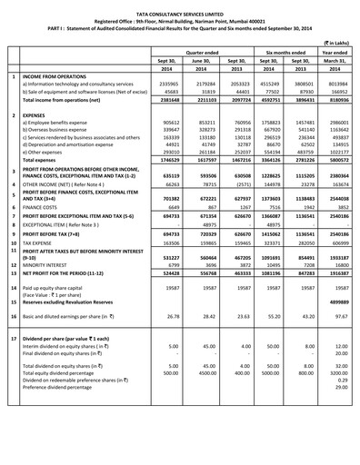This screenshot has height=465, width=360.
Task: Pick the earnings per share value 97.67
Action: pyautogui.click(x=336, y=342)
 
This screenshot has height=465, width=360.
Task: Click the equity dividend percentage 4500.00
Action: pyautogui.click(x=210, y=396)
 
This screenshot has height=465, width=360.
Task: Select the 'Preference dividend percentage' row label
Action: pyautogui.click(x=70, y=411)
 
